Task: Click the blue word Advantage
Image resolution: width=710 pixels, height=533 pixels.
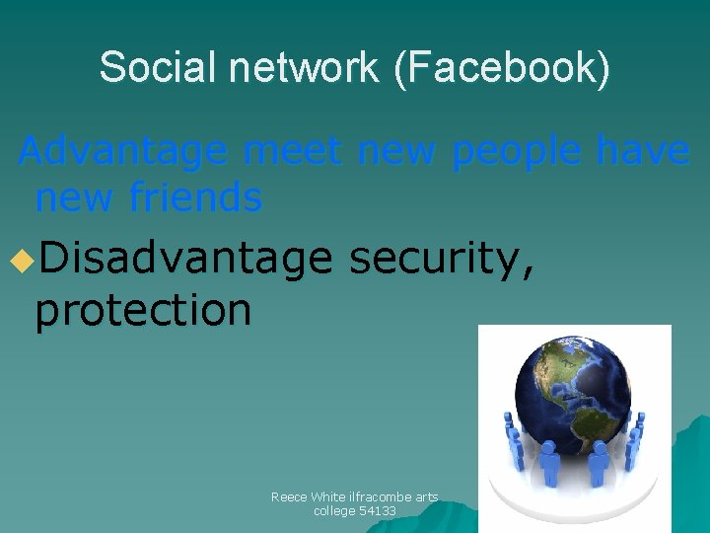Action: pyautogui.click(x=124, y=152)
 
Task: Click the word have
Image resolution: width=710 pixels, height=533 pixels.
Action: pyautogui.click(x=642, y=152)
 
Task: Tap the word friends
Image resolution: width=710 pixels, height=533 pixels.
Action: pyautogui.click(x=195, y=198)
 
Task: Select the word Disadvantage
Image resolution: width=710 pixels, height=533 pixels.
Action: pyautogui.click(x=186, y=260)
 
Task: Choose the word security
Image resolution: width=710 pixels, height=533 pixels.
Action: pyautogui.click(x=441, y=260)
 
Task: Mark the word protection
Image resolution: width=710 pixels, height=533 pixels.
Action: pyautogui.click(x=143, y=310)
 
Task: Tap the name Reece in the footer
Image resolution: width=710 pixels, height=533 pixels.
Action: pyautogui.click(x=288, y=497)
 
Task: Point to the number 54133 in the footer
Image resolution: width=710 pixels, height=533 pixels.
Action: pyautogui.click(x=376, y=511)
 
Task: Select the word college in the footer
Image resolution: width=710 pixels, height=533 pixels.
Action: pyautogui.click(x=334, y=511)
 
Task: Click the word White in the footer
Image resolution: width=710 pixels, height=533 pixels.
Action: pyautogui.click(x=325, y=497)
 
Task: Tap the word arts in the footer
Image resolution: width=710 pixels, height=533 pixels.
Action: pyautogui.click(x=426, y=497)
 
